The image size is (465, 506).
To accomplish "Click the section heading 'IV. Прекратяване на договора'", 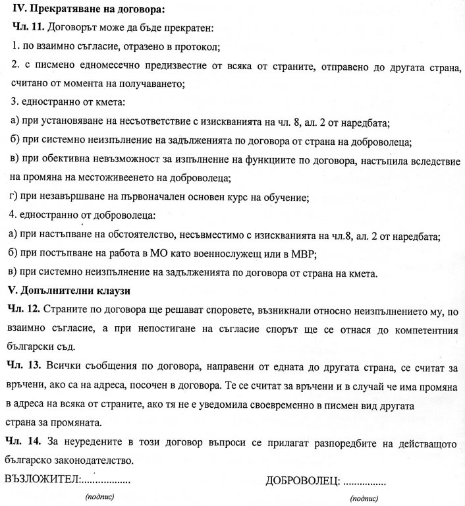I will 84,10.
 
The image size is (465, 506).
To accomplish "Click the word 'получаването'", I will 156,84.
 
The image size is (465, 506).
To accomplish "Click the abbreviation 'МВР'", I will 317,254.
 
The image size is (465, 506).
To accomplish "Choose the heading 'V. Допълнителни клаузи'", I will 68,291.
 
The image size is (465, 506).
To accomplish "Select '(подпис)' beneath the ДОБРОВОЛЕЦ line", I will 364,499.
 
